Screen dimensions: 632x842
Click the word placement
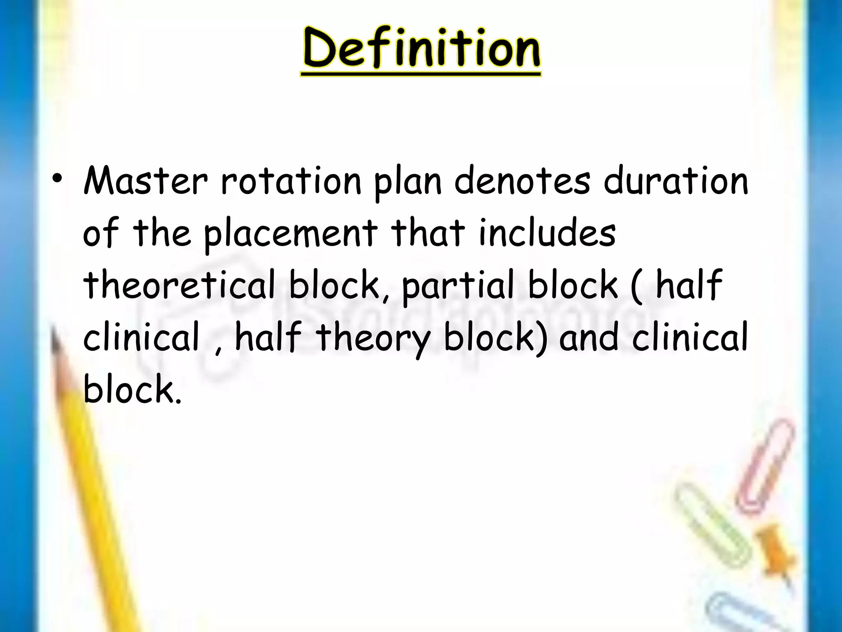[290, 234]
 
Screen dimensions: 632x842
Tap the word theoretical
[179, 286]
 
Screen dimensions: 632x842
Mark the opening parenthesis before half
[636, 286]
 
